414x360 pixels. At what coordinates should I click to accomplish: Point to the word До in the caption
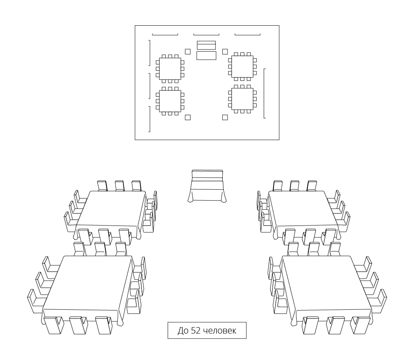click(183, 331)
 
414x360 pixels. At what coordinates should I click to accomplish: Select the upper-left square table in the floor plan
click(170, 69)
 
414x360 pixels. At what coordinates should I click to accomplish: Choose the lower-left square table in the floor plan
click(170, 101)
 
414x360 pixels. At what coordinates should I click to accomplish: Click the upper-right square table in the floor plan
click(242, 66)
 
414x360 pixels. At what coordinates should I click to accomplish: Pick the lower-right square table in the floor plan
click(242, 99)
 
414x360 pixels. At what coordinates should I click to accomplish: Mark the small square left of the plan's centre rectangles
click(188, 51)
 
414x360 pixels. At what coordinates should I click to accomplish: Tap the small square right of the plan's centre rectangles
click(225, 51)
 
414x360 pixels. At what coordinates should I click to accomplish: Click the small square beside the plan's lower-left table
click(188, 117)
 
